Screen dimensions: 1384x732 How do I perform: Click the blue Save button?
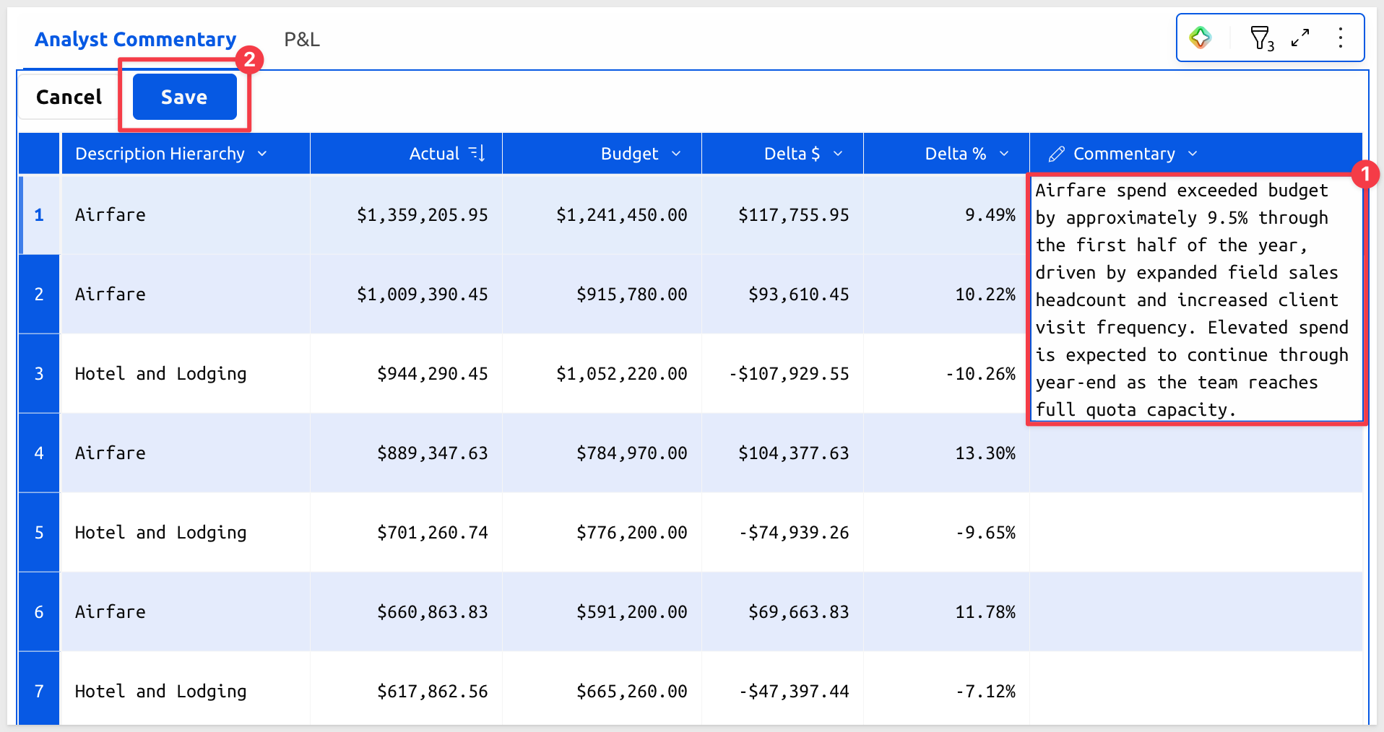coord(184,97)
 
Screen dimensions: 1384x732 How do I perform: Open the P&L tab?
coord(302,40)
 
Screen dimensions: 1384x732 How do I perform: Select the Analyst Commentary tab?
coord(136,40)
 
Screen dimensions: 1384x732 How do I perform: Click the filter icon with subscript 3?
coord(1261,38)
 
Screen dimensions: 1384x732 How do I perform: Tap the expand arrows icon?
coord(1300,38)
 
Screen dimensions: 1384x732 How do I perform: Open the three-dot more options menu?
coord(1341,38)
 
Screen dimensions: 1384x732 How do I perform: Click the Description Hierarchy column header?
coord(171,154)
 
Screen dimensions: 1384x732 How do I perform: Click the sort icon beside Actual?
coord(477,153)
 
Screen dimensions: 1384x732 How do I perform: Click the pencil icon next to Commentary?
coord(1057,154)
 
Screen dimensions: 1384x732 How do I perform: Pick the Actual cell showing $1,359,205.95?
coord(423,215)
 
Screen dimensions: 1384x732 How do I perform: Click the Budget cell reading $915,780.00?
coord(632,295)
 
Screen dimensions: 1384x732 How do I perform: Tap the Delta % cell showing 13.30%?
coord(985,453)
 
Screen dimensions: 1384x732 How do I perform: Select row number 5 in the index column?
coord(39,533)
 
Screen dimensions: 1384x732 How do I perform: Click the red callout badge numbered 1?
coord(1364,174)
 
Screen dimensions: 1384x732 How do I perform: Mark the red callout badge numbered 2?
coord(249,60)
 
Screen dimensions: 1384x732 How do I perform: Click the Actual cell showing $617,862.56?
coord(433,692)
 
